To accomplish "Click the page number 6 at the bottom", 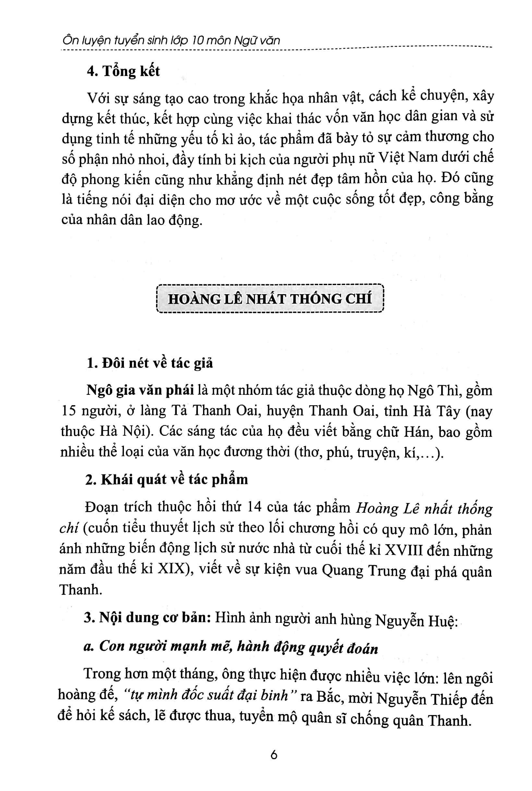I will coord(274,755).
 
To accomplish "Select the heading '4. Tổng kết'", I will coord(123,71).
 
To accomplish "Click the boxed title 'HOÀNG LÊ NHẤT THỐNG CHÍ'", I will coord(270,298).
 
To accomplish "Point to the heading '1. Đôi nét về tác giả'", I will coord(150,363).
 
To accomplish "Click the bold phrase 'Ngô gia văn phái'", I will coord(140,391).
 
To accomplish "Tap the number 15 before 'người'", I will coord(68,411).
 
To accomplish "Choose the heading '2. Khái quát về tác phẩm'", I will coord(166,479).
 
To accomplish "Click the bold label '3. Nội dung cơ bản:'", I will coord(146,618).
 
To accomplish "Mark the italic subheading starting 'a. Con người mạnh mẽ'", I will coord(231,647).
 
